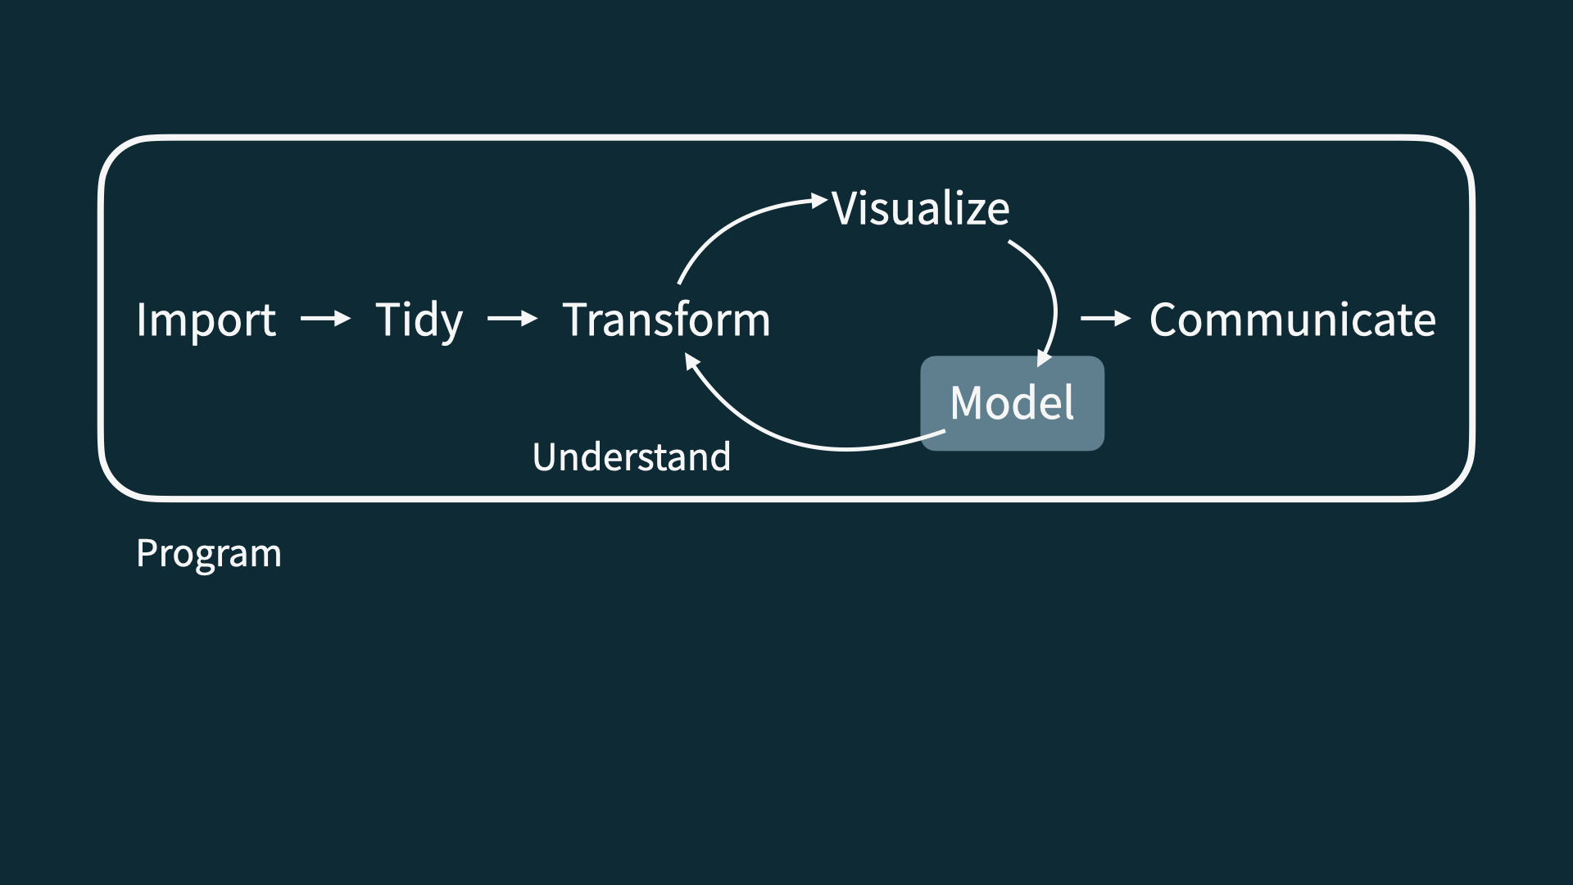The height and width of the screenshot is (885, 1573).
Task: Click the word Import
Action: (x=206, y=320)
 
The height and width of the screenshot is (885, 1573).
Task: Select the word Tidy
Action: (x=419, y=320)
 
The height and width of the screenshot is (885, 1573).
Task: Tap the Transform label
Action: (x=666, y=320)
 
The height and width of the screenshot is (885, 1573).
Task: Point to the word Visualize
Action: (x=920, y=208)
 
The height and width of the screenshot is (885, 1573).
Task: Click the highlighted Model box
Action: (x=1012, y=402)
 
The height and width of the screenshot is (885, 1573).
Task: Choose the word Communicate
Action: (x=1292, y=320)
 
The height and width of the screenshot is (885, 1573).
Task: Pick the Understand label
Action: (x=631, y=456)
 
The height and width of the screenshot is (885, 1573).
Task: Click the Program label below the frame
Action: (x=208, y=554)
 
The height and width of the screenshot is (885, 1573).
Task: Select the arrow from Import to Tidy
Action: (x=325, y=318)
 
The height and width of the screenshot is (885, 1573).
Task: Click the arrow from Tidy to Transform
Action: (x=512, y=318)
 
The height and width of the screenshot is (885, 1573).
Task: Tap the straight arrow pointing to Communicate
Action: (x=1105, y=318)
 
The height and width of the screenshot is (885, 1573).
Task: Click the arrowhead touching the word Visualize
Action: (x=818, y=200)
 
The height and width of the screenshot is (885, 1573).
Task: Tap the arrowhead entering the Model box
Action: (x=1043, y=358)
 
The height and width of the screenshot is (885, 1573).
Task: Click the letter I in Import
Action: (x=142, y=319)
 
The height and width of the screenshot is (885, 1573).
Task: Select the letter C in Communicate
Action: (x=1165, y=320)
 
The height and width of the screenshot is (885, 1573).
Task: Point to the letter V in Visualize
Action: (x=845, y=208)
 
